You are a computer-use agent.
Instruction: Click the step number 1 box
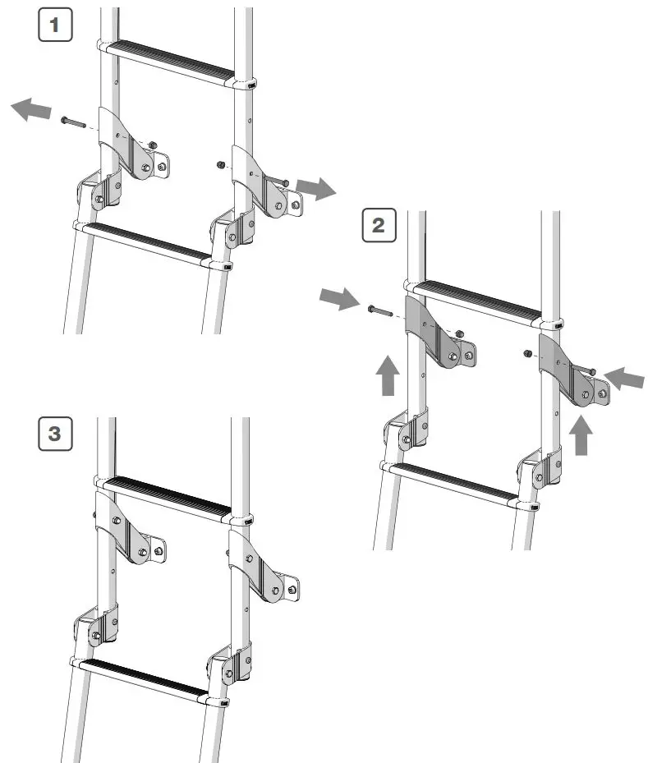point(55,25)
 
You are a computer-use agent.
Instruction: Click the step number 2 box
point(379,224)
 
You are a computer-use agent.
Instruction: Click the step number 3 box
point(55,433)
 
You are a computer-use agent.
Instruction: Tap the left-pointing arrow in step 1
point(31,108)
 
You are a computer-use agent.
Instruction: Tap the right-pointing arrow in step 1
point(317,188)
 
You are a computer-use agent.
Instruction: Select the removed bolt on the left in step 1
point(73,122)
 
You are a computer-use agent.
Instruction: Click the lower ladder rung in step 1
point(148,244)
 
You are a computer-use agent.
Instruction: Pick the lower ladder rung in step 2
point(457,484)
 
